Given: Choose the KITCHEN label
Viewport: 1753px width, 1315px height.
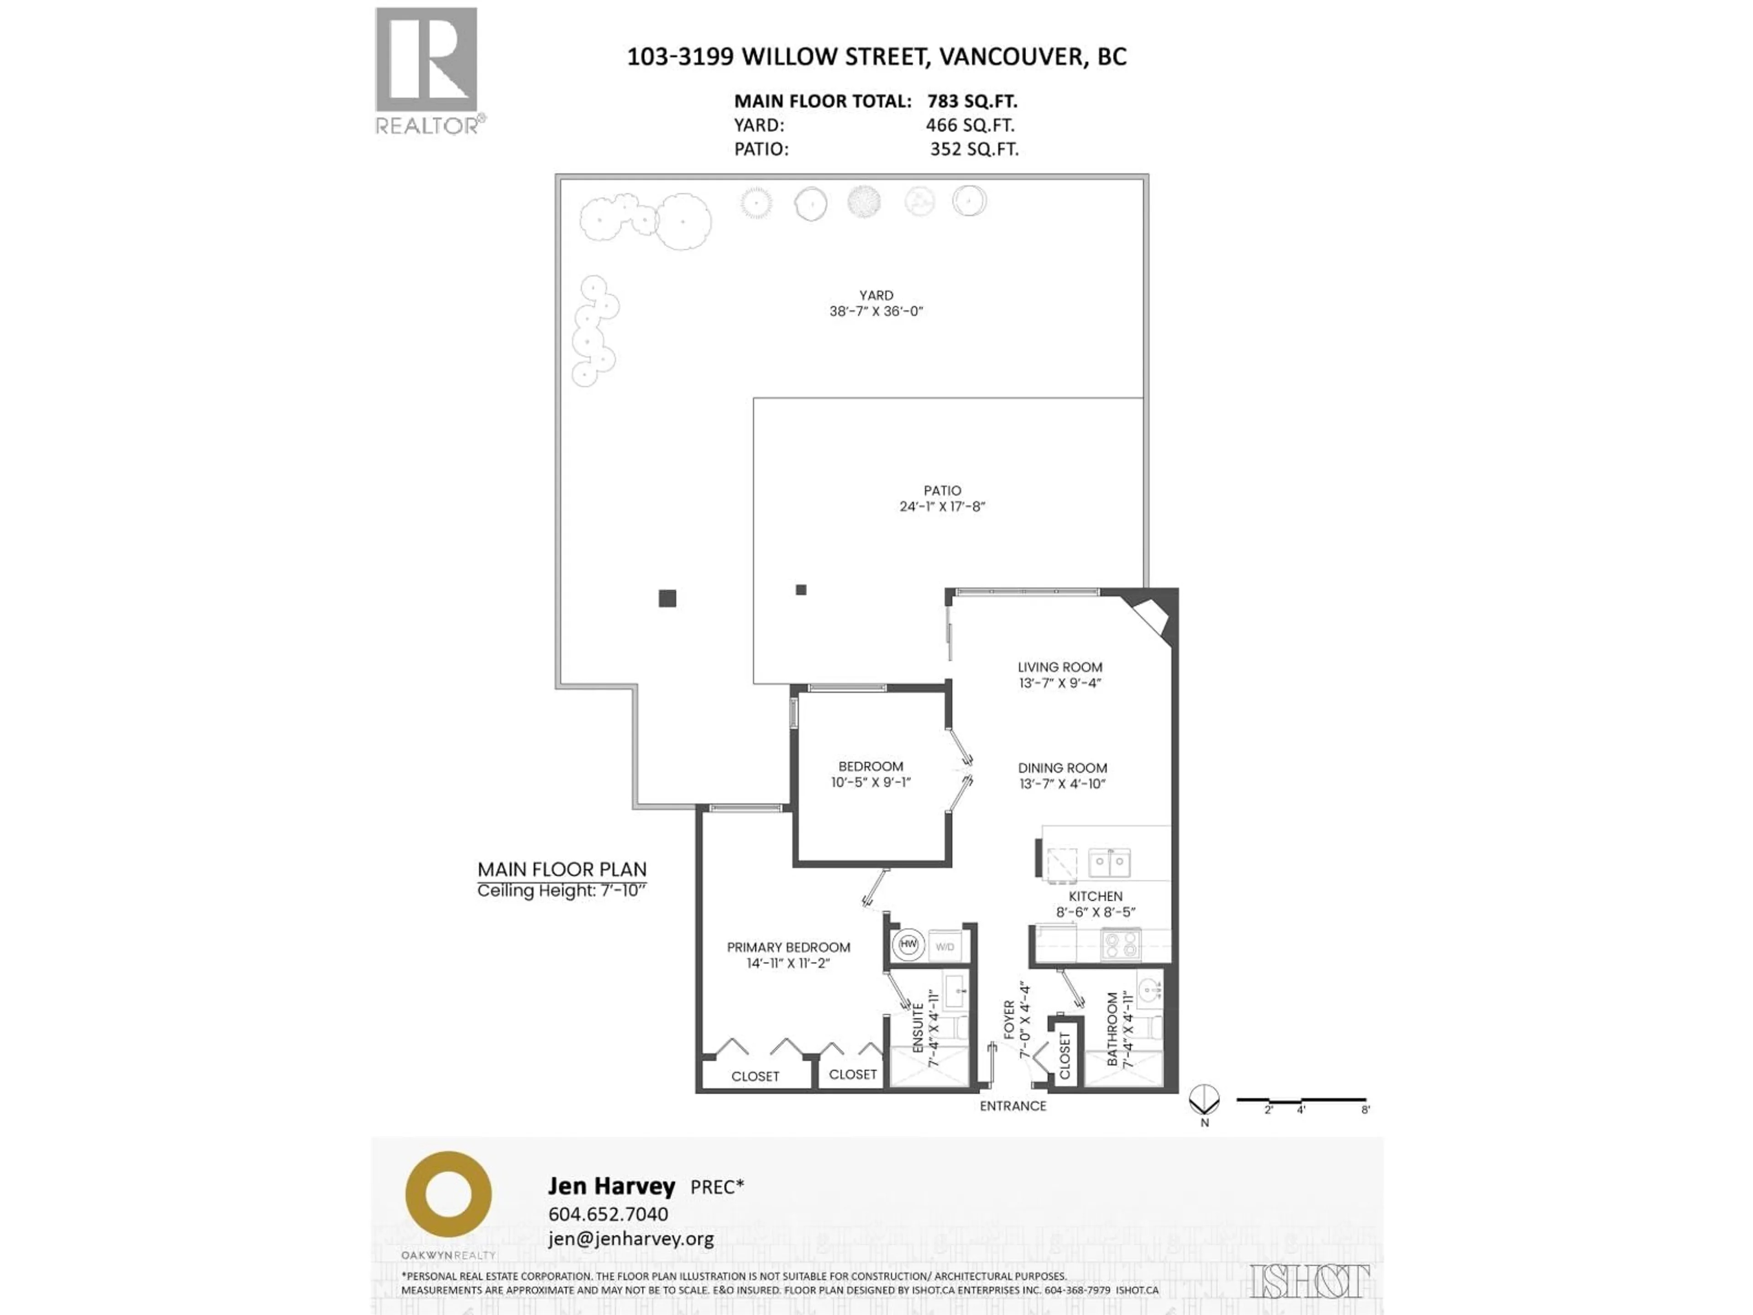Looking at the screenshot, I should coord(1095,896).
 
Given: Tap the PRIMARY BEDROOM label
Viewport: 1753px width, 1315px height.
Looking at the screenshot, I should coord(788,947).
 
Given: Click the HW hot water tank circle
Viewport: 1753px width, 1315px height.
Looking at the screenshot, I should coord(908,945).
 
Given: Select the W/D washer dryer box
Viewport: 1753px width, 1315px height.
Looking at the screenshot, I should coord(945,947).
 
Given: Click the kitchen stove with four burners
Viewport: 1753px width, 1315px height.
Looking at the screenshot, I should coord(1121,944).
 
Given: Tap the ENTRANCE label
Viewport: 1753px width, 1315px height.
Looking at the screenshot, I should coord(1013,1106).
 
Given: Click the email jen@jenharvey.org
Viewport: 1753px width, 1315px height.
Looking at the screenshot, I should coord(631,1238).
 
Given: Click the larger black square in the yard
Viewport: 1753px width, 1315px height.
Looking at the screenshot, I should coord(667,599).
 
